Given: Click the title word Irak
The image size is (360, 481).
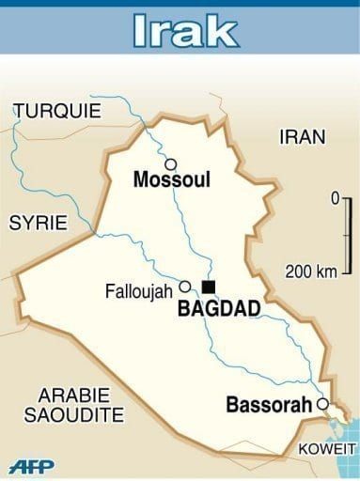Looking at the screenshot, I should coord(180,30).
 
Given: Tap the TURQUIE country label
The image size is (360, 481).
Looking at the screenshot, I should coord(56,111).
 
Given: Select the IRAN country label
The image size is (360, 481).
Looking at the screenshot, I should coord(303,137).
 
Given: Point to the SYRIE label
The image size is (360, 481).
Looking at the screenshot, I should coord(39,223).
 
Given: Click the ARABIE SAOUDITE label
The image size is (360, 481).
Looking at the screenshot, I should coord(74,404).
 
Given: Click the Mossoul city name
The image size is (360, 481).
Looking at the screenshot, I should coord(172,179).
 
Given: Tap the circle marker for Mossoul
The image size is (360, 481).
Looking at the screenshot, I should coord(170,163).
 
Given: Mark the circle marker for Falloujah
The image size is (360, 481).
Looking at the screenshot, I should coord(185,287).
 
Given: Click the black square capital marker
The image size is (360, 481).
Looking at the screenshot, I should coord(209,287).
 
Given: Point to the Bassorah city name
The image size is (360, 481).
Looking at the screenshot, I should coord(270,406).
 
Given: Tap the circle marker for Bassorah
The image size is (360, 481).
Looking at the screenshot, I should coord(322,404).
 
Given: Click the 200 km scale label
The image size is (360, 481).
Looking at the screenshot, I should coord(311,272).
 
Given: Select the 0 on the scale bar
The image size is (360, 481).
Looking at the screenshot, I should coord(334,199).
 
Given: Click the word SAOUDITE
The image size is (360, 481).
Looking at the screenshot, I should coord(74,414).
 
